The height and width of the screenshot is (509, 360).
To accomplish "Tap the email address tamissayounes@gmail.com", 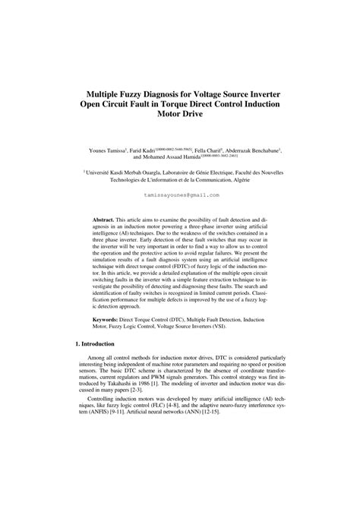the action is tap(179, 194).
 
